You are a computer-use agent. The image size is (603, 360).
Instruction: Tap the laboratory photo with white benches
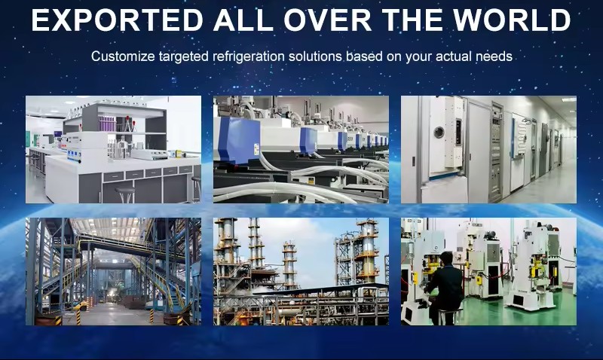coord(113,149)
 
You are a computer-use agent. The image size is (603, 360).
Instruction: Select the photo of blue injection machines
coord(301,149)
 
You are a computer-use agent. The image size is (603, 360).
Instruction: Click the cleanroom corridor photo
coord(488,149)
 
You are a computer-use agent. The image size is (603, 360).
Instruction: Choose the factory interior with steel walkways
coord(113,271)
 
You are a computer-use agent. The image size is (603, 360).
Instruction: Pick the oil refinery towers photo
coord(301,271)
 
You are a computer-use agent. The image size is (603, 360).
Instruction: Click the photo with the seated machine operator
coord(488,271)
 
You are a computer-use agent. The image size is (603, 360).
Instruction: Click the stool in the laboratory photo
coord(125,194)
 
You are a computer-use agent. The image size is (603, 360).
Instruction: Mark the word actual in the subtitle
coord(455,57)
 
